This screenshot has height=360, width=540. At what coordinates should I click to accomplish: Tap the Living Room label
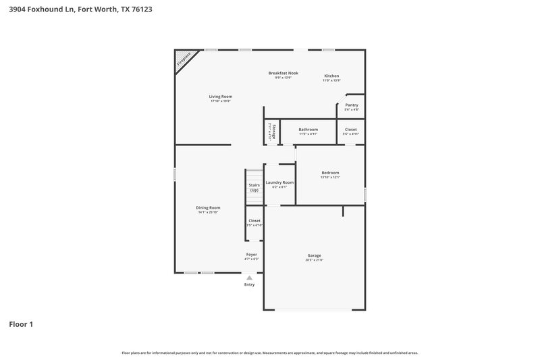point(220,97)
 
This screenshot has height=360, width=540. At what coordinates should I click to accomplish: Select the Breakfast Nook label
point(283,73)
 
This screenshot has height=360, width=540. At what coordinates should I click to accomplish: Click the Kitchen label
point(331,76)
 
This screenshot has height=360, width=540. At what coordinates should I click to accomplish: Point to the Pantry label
point(351,105)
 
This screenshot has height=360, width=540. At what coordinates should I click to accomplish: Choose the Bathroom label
point(308,129)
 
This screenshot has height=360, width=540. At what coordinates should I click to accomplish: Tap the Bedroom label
point(330,173)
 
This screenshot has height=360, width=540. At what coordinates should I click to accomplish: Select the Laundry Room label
point(279,182)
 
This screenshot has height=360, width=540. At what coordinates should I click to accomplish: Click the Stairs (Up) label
point(254,187)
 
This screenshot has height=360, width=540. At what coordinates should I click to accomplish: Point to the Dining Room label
point(208,207)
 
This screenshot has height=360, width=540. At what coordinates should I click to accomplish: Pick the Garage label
point(314,255)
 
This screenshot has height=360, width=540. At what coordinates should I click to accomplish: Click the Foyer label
point(251,255)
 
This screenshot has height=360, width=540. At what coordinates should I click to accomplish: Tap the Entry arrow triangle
point(249,277)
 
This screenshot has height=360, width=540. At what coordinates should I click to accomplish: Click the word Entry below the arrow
point(249,284)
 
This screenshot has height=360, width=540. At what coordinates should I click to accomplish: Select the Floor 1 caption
point(21,324)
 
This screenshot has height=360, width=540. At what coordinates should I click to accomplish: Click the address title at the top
point(76,9)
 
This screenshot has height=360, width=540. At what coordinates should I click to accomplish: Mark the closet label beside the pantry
point(351,129)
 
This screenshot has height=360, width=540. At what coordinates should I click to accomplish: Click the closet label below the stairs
point(254,221)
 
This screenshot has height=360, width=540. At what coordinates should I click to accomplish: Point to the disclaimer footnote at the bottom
point(269,353)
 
